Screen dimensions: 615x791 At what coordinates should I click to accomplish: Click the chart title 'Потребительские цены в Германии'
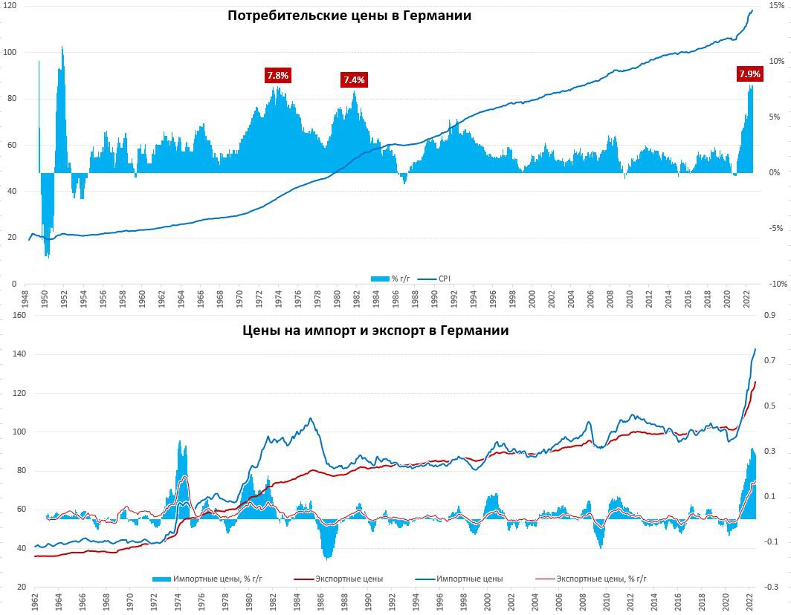tap(349, 16)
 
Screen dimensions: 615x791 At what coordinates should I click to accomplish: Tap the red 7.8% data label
tap(277, 75)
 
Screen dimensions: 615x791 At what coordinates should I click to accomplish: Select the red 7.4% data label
tap(354, 79)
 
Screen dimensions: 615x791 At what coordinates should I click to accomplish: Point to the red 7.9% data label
tap(749, 74)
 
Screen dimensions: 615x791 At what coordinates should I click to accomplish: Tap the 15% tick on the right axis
tap(766, 5)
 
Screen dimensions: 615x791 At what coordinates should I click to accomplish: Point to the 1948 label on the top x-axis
tap(26, 299)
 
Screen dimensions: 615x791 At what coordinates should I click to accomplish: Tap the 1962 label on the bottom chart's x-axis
tap(35, 600)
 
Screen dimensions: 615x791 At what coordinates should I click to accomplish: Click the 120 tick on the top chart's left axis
tap(10, 5)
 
